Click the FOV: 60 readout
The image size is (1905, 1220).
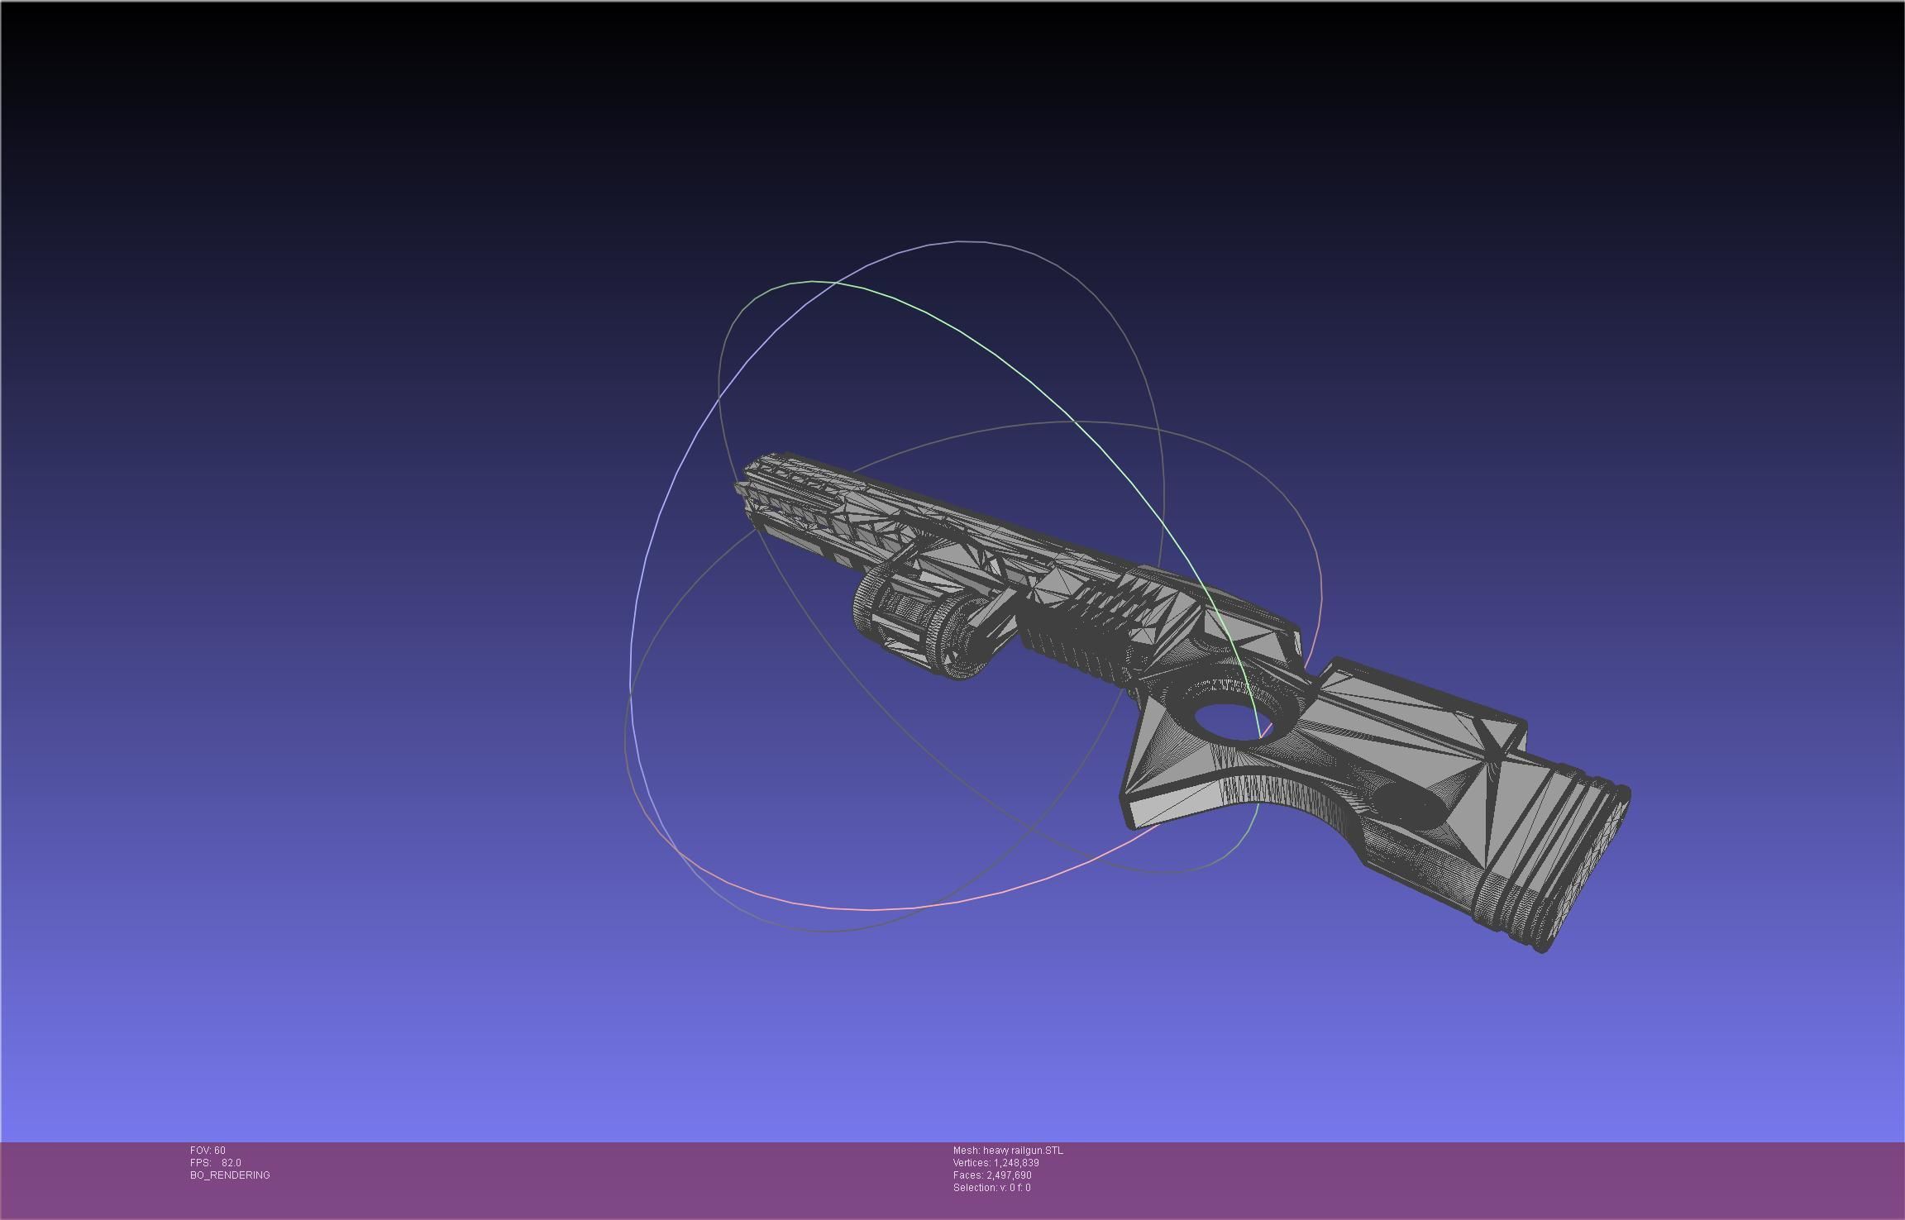[x=208, y=1150]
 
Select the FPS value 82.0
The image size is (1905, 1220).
[x=231, y=1162]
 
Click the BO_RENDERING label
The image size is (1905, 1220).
[x=230, y=1175]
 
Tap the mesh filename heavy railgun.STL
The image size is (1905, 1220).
[x=1023, y=1150]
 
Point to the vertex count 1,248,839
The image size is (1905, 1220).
[x=1016, y=1162]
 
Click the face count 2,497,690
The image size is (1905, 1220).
[x=1009, y=1175]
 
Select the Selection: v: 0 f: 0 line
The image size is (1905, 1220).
[x=991, y=1187]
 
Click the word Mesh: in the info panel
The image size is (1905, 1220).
[x=966, y=1150]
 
